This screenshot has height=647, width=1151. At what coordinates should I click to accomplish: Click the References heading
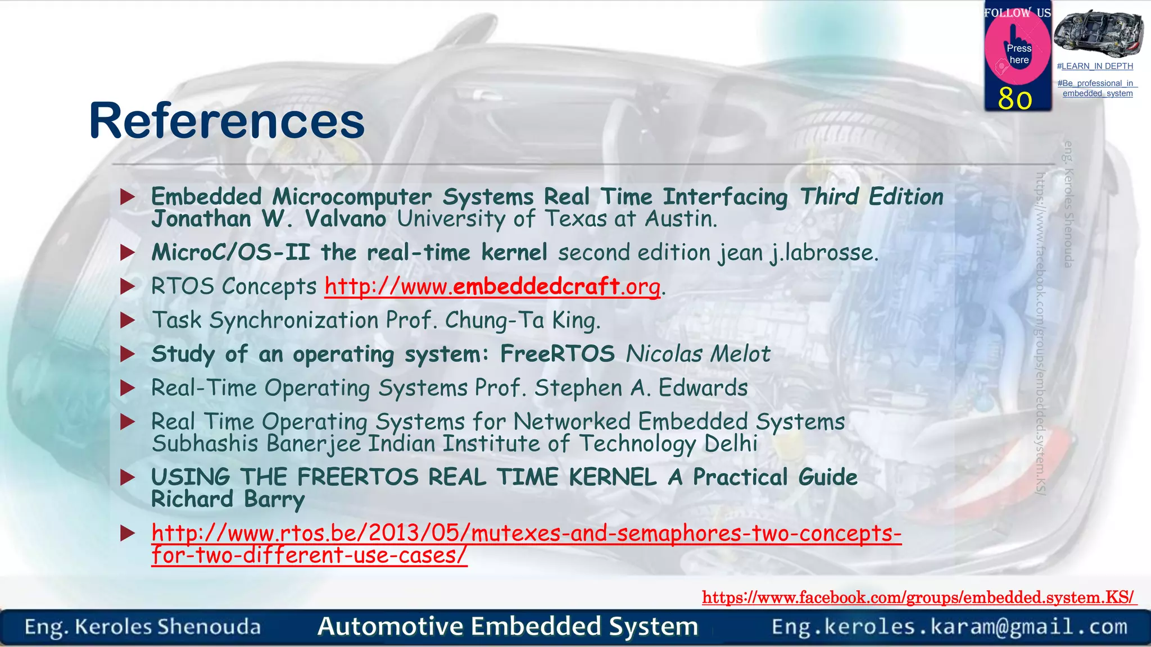tap(227, 121)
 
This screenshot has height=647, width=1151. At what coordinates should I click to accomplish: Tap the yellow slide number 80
tap(1015, 99)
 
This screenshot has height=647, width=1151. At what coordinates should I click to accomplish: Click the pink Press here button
tap(1018, 53)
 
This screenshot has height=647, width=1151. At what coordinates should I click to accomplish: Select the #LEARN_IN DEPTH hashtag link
tap(1095, 66)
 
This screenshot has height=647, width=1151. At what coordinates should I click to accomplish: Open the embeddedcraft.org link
tap(492, 286)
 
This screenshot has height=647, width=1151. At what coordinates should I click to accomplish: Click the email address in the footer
tap(949, 627)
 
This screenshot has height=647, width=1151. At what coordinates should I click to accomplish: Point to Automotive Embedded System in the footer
tap(507, 626)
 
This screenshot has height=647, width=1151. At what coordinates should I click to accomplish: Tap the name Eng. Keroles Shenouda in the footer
tap(143, 627)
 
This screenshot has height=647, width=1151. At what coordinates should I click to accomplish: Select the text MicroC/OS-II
tap(230, 253)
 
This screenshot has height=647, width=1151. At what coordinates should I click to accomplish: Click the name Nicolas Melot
tap(698, 354)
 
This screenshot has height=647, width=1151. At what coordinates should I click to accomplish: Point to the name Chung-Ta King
tap(522, 321)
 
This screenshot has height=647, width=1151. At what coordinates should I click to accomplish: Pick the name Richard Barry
tap(228, 499)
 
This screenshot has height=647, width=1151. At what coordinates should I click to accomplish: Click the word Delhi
tap(731, 444)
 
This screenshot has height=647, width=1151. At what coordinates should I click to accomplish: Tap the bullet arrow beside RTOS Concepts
tap(128, 286)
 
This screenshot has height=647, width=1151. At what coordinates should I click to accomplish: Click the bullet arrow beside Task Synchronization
tap(128, 321)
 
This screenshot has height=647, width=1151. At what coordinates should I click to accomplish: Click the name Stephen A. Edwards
tap(641, 388)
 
